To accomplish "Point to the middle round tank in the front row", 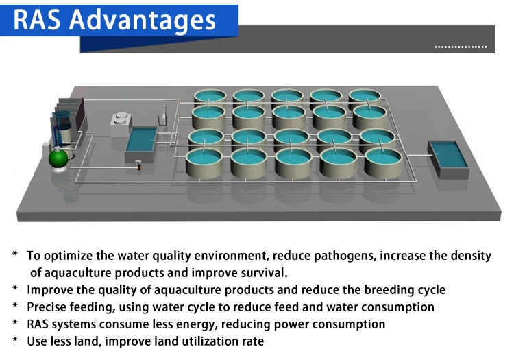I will click(295, 163).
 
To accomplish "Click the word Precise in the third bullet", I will click(47, 307).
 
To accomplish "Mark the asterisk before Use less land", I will click(14, 341).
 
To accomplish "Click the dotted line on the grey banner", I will click(461, 47).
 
